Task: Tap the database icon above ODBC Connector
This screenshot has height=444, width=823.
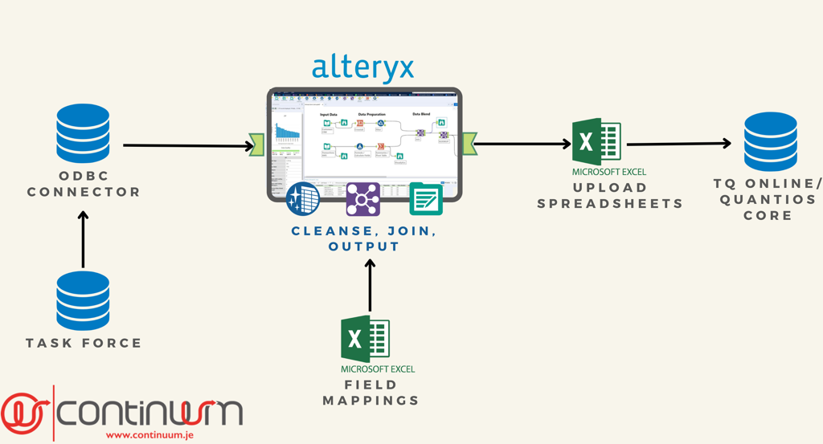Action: click(83, 133)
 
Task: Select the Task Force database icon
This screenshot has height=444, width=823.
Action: click(83, 300)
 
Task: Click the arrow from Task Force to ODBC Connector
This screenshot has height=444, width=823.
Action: click(83, 239)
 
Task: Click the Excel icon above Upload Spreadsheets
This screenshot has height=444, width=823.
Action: click(596, 142)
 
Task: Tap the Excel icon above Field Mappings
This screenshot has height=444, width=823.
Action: click(366, 339)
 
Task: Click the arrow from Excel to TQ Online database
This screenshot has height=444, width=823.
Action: click(678, 145)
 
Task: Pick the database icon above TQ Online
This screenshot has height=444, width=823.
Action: click(770, 142)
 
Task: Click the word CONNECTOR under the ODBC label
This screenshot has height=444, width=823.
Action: click(84, 193)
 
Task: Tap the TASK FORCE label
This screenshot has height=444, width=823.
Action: click(84, 343)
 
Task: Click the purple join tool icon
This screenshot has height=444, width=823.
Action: click(363, 199)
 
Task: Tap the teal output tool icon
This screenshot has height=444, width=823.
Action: click(426, 199)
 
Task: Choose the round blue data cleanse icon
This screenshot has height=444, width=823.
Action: click(303, 199)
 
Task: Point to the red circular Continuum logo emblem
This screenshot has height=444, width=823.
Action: click(24, 412)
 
